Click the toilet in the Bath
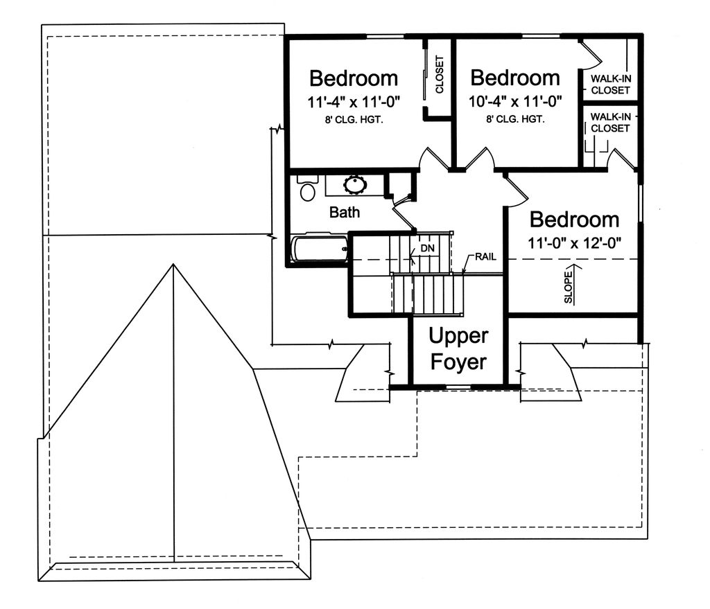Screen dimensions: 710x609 307,188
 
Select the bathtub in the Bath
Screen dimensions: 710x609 319,249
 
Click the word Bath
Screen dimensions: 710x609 345,212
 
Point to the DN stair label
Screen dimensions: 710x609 427,248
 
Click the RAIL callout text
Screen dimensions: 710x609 485,257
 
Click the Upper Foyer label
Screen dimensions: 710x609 458,348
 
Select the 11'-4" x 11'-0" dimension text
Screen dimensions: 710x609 354,103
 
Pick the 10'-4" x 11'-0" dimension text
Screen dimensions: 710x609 515,101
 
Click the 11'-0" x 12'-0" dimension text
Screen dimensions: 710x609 574,243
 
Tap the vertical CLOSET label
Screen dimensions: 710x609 439,75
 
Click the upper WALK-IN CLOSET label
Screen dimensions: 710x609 610,85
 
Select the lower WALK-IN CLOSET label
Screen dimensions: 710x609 610,123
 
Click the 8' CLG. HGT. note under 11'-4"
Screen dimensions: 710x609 354,121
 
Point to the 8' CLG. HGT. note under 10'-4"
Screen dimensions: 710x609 515,119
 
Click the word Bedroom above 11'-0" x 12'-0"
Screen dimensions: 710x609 575,220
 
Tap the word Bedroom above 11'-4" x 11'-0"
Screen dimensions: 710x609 354,78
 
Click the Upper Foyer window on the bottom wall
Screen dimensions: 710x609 459,387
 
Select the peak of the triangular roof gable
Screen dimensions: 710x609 173,264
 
